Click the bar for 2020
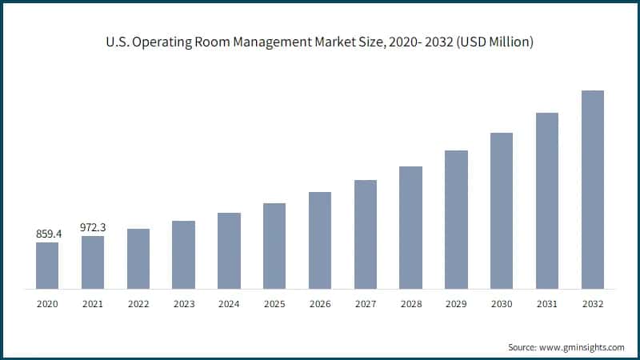pyautogui.click(x=47, y=265)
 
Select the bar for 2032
pyautogui.click(x=592, y=190)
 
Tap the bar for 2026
pyautogui.click(x=320, y=240)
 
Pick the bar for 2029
pyautogui.click(x=456, y=219)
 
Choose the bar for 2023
pyautogui.click(x=183, y=254)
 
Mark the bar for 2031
pyautogui.click(x=547, y=201)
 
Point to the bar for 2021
pyautogui.click(x=93, y=262)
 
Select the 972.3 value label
pyautogui.click(x=93, y=227)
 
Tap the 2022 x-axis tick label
pyautogui.click(x=138, y=304)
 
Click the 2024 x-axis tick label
pyautogui.click(x=229, y=304)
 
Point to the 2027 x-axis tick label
pyautogui.click(x=366, y=304)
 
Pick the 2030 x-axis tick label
pyautogui.click(x=502, y=304)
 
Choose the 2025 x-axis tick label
pyautogui.click(x=274, y=304)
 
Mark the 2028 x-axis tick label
pyautogui.click(x=410, y=304)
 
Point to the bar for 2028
pyautogui.click(x=410, y=227)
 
